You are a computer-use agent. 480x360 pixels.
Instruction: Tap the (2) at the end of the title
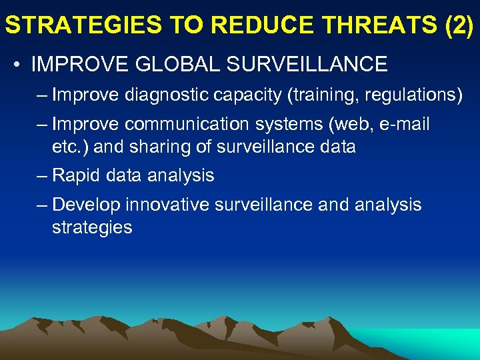tap(458, 25)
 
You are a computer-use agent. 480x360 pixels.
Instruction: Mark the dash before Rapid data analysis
tap(42, 175)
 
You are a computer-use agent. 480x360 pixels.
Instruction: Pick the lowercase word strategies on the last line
tap(92, 227)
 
